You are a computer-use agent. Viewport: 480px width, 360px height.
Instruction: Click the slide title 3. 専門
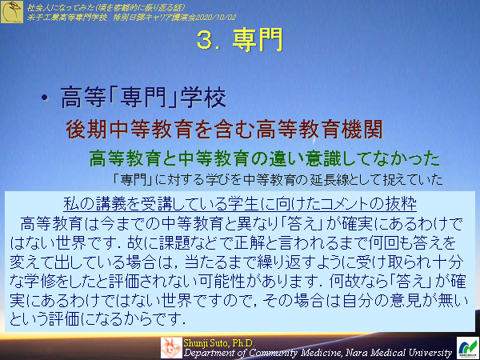239,42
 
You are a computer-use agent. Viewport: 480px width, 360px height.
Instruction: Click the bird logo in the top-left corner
11,11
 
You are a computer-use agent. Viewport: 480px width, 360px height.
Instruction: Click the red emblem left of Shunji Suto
171,347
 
